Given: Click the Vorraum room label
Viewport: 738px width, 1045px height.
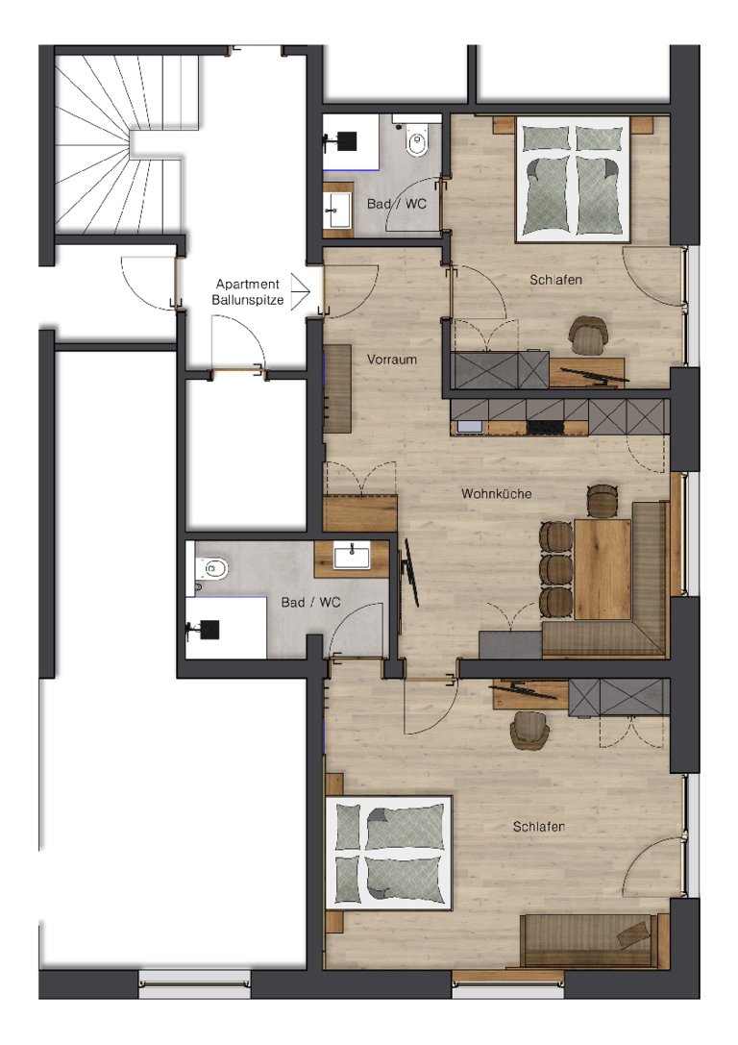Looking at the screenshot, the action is pos(392,360).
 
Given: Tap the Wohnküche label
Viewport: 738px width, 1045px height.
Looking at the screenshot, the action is pos(496,493).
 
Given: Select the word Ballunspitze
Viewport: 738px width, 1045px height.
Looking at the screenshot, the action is pos(248,300).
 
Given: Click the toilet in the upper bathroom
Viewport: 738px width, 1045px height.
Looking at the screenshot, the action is pos(417,138).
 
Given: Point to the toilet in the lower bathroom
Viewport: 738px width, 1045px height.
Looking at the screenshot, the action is pos(211,568).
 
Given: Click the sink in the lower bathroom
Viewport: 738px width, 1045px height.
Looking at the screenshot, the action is pos(352,556).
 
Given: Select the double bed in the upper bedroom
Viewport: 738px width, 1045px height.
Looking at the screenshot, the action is pos(573,179).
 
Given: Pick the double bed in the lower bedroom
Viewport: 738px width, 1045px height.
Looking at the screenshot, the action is pos(388,853).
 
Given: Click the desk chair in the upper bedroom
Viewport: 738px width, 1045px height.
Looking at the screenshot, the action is pos(589,334).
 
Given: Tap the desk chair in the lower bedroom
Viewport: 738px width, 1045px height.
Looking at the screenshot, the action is pos(530,730).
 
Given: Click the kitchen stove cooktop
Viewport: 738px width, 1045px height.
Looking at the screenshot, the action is pos(546,427).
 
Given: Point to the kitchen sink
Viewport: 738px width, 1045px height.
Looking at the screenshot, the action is pos(467,427).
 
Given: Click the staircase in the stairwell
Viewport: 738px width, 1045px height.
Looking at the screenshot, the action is pos(122,142).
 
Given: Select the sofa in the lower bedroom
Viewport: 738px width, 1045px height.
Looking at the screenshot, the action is pos(589,941).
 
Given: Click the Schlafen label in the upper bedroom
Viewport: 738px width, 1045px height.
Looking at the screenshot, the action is pos(555,280).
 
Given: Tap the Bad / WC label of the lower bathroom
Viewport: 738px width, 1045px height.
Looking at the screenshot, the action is pos(310,603).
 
